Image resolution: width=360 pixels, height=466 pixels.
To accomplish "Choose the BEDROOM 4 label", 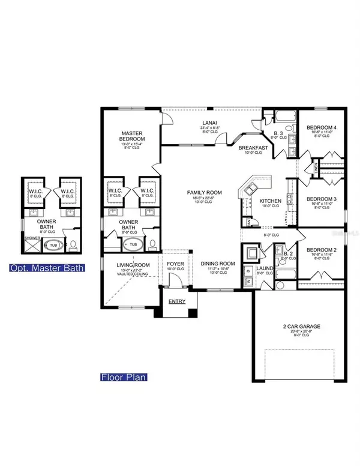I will [322, 128].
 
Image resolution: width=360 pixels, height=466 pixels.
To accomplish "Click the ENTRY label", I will [177, 301].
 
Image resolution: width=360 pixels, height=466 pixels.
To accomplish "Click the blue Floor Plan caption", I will [124, 378].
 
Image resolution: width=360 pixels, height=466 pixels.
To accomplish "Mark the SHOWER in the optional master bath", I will [31, 238].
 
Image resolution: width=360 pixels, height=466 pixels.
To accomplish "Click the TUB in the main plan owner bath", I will [133, 245].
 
